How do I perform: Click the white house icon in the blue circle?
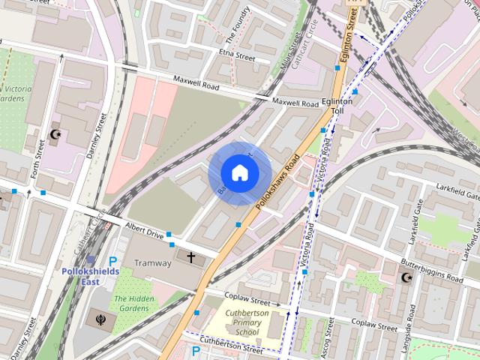(x=239, y=173)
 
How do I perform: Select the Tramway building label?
(x=152, y=263)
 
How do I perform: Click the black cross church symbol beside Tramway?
(x=190, y=258)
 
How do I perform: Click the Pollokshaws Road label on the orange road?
(x=278, y=182)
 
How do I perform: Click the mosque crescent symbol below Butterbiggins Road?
(x=407, y=277)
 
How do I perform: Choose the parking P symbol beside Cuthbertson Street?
(x=196, y=351)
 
